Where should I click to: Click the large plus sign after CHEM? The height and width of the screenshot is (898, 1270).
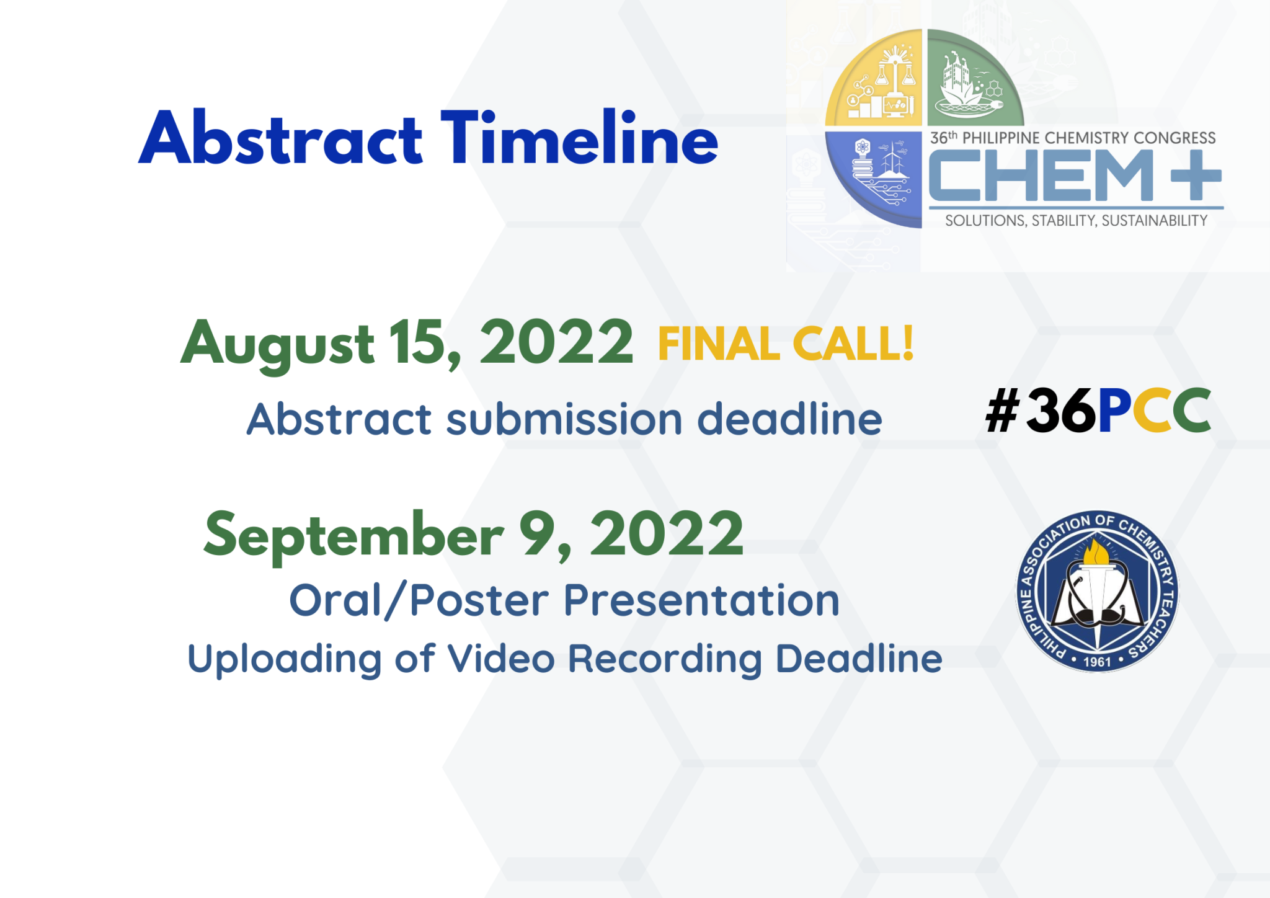(1196, 176)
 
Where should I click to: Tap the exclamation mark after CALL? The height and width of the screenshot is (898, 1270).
(908, 342)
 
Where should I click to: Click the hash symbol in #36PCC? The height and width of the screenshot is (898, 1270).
(1002, 411)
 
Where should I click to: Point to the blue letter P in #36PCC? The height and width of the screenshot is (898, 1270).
(1114, 411)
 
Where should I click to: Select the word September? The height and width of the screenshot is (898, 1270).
(353, 535)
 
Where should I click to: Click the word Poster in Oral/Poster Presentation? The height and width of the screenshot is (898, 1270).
(479, 600)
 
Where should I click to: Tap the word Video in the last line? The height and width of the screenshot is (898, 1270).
(501, 658)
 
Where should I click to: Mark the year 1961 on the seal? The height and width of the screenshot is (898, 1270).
(1096, 662)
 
